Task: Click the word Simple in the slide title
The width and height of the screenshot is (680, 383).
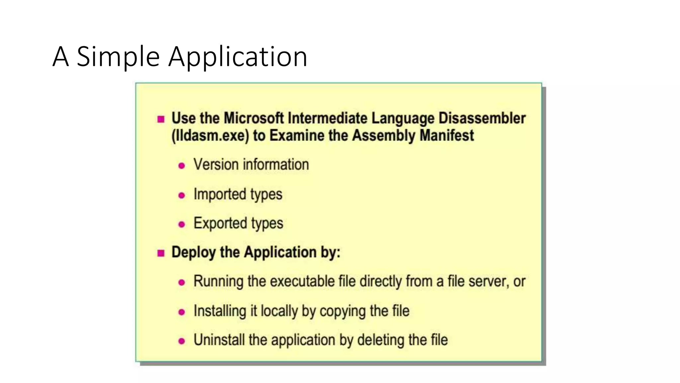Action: coord(118,57)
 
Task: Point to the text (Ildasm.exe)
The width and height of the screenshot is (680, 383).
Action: coord(210,136)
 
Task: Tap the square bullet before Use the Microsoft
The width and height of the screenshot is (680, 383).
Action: coord(161,119)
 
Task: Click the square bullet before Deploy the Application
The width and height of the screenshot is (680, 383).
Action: coord(161,253)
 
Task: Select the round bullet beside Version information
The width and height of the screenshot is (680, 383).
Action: coord(182,166)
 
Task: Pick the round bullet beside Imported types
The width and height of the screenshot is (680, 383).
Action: coord(182,195)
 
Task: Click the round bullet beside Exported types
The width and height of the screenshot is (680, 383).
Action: coord(182,224)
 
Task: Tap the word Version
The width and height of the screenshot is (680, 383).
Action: coord(216,165)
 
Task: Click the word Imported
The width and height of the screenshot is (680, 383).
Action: coord(219,194)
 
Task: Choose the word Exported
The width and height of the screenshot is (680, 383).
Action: coord(220,223)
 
